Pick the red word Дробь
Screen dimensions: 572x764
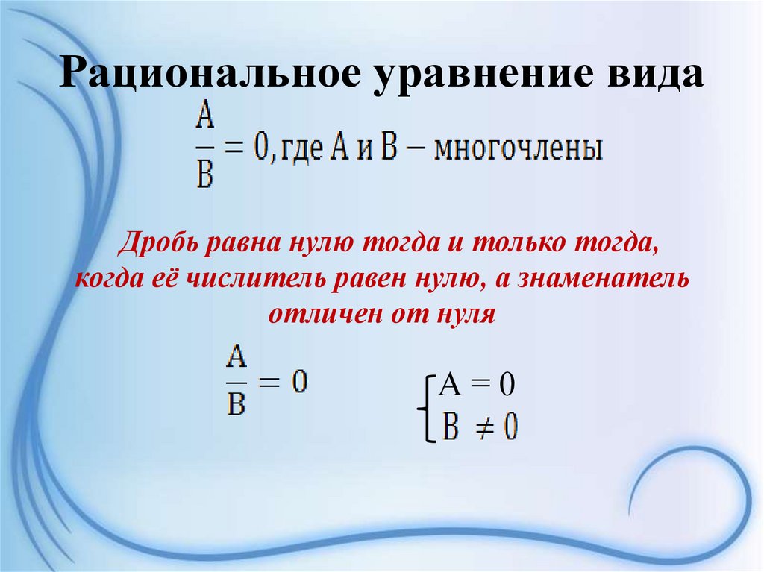(163, 245)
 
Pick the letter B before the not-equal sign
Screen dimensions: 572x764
(451, 427)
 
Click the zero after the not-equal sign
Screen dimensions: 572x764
(511, 427)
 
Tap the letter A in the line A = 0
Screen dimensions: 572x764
(450, 386)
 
